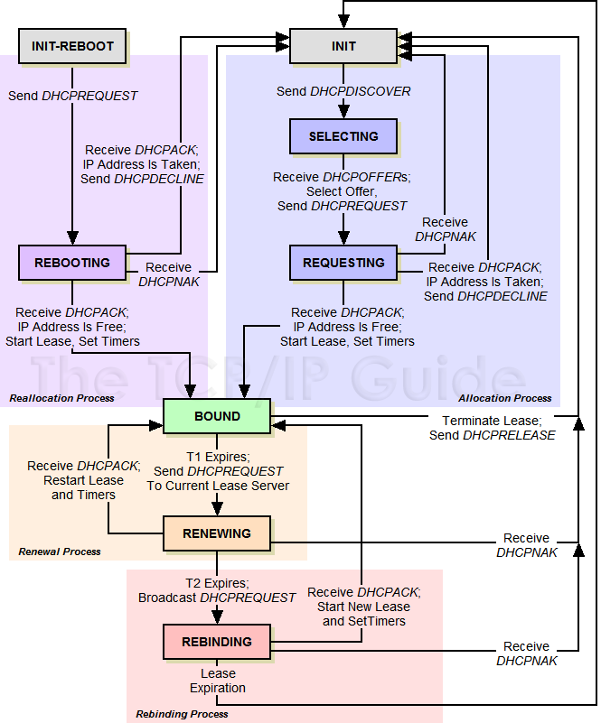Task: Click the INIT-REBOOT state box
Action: [x=72, y=46]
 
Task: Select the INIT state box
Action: [x=343, y=46]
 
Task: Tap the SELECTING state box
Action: [x=343, y=136]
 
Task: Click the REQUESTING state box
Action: [x=343, y=263]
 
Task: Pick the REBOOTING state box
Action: [x=72, y=263]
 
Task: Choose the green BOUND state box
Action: [x=217, y=416]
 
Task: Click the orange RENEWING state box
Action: [x=217, y=533]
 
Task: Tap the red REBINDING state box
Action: [x=217, y=642]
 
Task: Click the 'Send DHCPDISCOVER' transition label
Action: [x=343, y=91]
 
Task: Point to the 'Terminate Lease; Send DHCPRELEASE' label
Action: [x=492, y=428]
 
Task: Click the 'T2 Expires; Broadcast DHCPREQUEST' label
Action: [x=217, y=590]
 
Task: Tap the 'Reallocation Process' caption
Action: [x=61, y=398]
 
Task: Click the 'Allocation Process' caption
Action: [x=504, y=398]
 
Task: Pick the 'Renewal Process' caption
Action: [x=60, y=552]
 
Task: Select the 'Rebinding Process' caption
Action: [x=182, y=714]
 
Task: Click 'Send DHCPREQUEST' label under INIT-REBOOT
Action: [x=72, y=95]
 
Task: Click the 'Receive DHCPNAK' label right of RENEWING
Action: [x=527, y=545]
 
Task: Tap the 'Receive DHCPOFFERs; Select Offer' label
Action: [x=343, y=191]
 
